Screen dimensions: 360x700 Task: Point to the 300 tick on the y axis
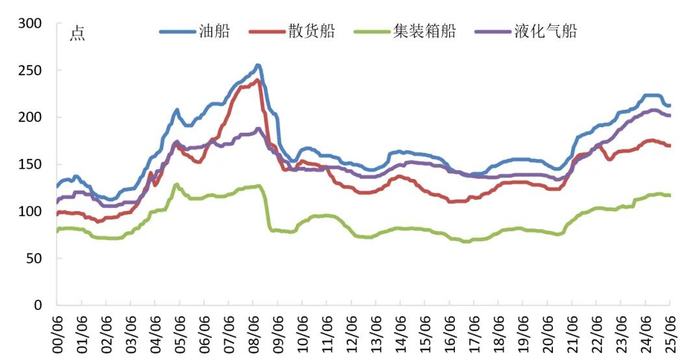click(31, 24)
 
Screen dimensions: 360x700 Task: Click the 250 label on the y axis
click(31, 71)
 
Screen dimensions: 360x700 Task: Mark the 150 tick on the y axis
click(31, 164)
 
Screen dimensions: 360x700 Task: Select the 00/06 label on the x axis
click(57, 331)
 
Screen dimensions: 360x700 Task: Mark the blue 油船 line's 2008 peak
click(258, 66)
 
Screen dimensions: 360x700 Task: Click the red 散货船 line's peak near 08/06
click(258, 80)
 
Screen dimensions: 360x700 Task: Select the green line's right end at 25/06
click(669, 195)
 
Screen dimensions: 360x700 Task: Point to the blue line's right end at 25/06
click(669, 105)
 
